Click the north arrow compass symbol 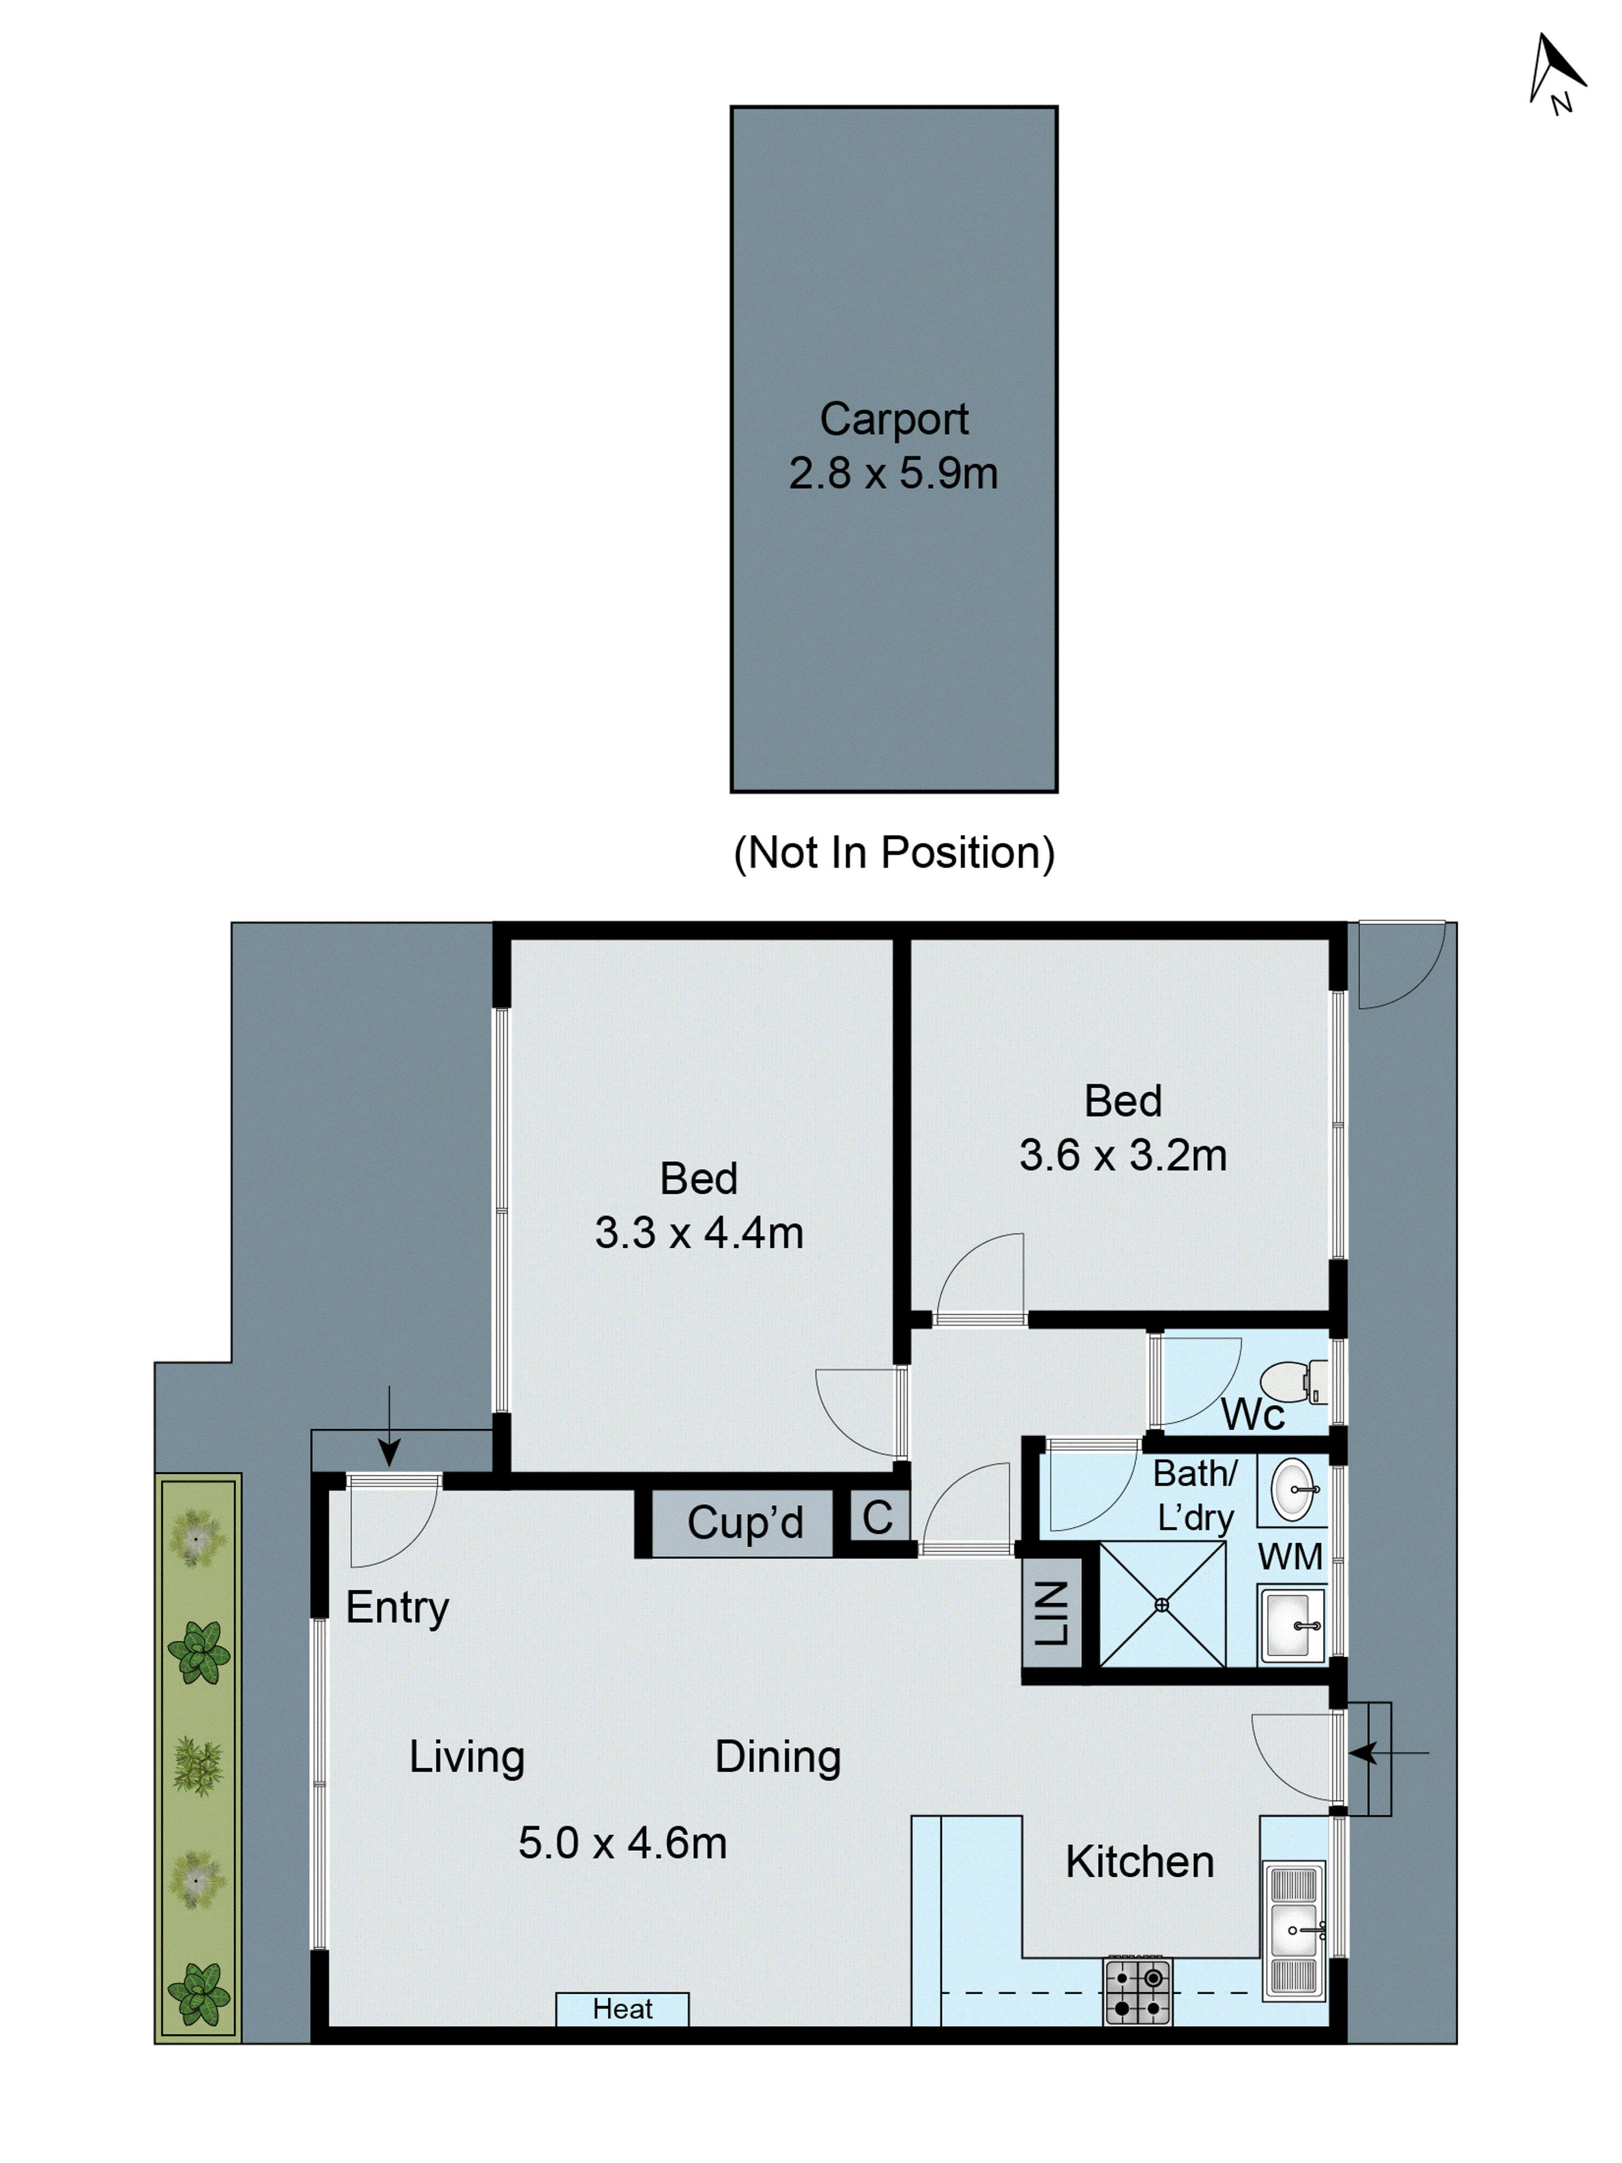[x=1554, y=74]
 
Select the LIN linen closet [x=1051, y=1612]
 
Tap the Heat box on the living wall [x=622, y=2008]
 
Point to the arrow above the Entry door [x=389, y=1426]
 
